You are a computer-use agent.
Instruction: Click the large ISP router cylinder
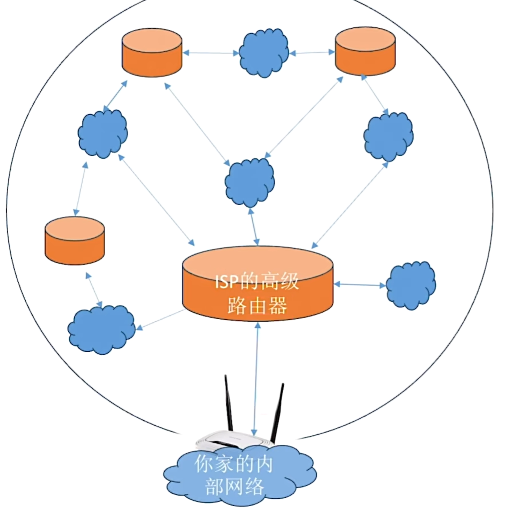pyautogui.click(x=258, y=283)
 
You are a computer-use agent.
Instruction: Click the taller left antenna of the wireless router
pyautogui.click(x=229, y=403)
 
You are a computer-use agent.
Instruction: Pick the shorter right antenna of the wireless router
pyautogui.click(x=278, y=413)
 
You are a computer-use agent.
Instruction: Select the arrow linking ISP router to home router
pyautogui.click(x=256, y=379)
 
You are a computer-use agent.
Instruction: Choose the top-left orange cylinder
pyautogui.click(x=152, y=52)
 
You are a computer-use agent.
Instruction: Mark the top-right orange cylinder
pyautogui.click(x=365, y=51)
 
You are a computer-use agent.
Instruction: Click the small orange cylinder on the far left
pyautogui.click(x=75, y=241)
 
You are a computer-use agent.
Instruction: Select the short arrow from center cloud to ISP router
pyautogui.click(x=254, y=227)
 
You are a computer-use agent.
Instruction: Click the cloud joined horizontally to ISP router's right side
pyautogui.click(x=411, y=285)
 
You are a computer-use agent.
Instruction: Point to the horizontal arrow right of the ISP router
pyautogui.click(x=360, y=285)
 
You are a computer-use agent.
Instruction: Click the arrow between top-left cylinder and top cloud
pyautogui.click(x=211, y=53)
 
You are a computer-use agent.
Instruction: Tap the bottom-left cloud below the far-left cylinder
pyautogui.click(x=101, y=329)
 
